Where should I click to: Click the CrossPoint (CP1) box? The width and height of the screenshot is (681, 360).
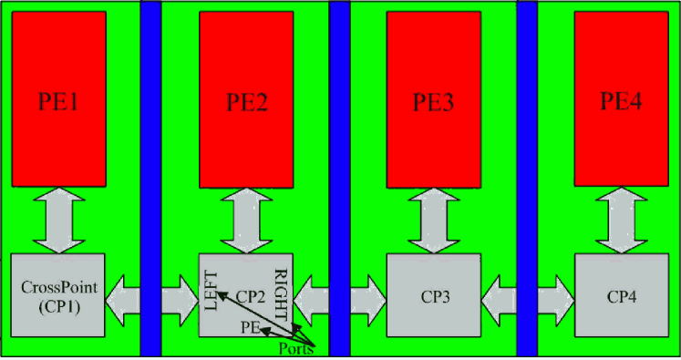click(x=58, y=294)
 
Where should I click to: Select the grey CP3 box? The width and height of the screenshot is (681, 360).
click(x=432, y=297)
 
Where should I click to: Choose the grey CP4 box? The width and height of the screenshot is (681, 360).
click(x=622, y=297)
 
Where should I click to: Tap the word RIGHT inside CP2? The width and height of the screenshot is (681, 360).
click(x=284, y=292)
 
